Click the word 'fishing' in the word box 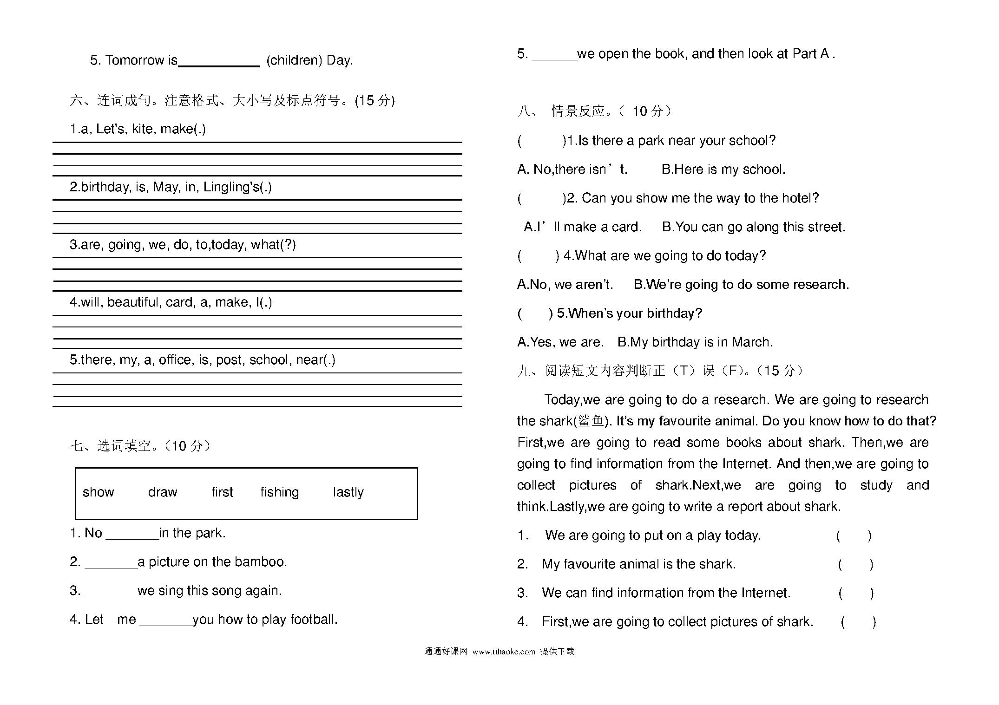click(279, 492)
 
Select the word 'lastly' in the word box click(348, 492)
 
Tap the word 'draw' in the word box click(163, 492)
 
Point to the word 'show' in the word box click(98, 492)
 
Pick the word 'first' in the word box click(222, 492)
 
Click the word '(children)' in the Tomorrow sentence click(294, 60)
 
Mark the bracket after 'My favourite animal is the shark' click(855, 564)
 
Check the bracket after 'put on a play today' click(854, 535)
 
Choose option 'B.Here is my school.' click(723, 170)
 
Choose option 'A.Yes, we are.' click(560, 342)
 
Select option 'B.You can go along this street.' click(753, 227)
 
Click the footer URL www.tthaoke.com click(504, 652)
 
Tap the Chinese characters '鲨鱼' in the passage click(591, 421)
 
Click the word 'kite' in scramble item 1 click(142, 129)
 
